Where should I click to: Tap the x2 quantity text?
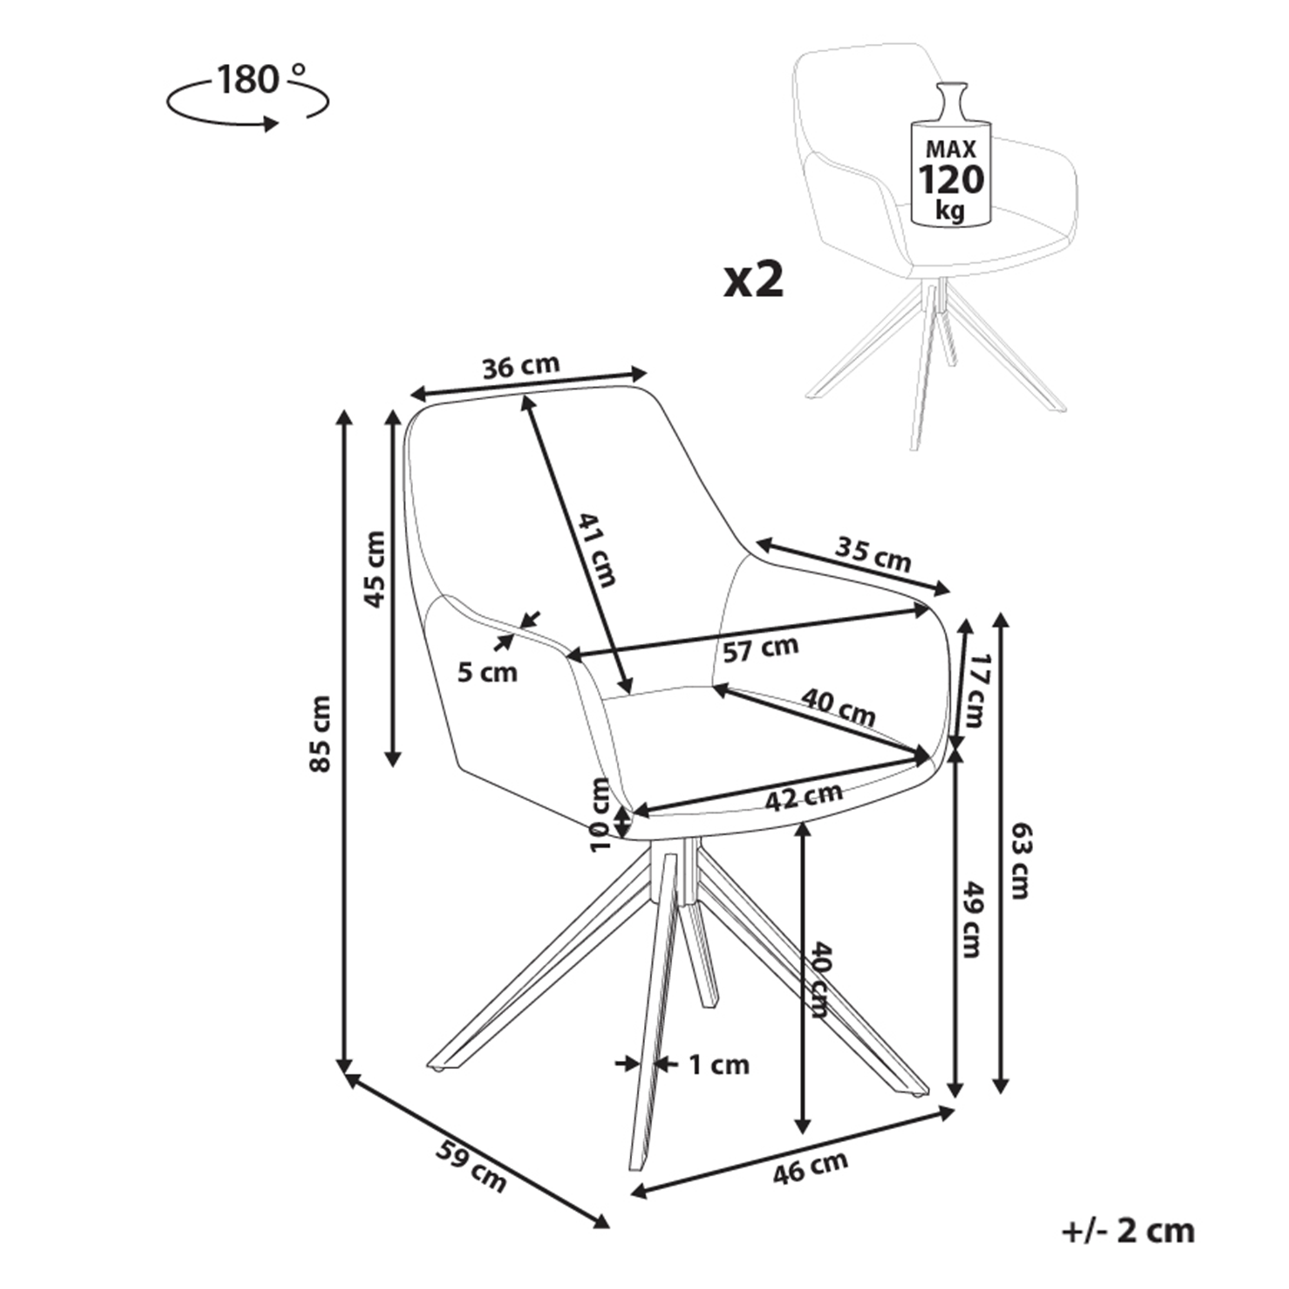[754, 281]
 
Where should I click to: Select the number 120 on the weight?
[951, 179]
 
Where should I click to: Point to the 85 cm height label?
[322, 733]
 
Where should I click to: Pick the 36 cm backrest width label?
[520, 366]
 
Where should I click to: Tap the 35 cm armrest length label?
[873, 554]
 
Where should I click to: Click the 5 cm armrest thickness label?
[487, 672]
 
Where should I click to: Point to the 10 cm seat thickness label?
[602, 815]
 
